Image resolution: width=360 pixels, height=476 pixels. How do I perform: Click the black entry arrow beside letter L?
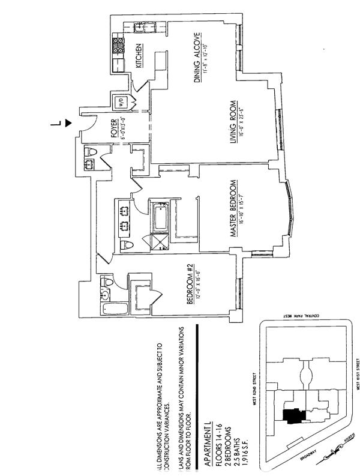(68, 123)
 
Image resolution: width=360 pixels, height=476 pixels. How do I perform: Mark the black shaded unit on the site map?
(292, 416)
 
